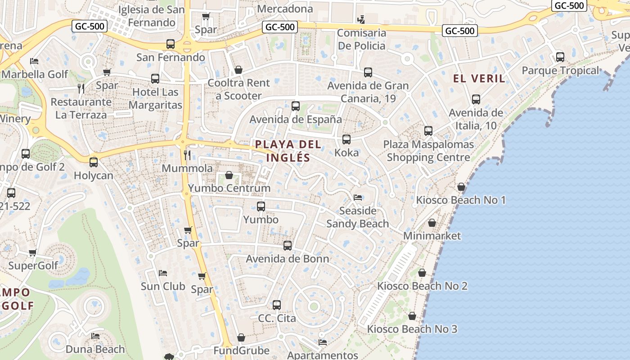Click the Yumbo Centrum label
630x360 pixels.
(x=229, y=188)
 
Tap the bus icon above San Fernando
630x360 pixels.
(x=171, y=44)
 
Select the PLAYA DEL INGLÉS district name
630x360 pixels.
(x=288, y=151)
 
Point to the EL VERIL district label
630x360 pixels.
(x=479, y=79)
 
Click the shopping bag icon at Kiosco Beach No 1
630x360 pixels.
(x=461, y=187)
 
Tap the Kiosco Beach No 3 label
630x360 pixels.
(x=412, y=329)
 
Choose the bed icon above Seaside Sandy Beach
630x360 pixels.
(x=358, y=198)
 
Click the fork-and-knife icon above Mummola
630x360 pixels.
(x=187, y=155)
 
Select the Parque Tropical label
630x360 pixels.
(x=560, y=71)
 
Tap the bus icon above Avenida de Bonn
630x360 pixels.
(x=288, y=246)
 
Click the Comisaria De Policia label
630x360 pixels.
(x=361, y=39)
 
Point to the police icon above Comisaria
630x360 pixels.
(x=360, y=19)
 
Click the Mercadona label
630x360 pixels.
(x=285, y=9)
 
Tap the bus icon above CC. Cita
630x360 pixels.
(x=277, y=305)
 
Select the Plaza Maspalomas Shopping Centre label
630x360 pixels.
(x=428, y=151)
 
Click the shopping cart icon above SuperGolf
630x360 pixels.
(x=32, y=253)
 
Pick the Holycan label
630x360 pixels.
(x=94, y=175)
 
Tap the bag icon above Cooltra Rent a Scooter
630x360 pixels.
(x=238, y=70)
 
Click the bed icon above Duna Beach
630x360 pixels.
(x=95, y=336)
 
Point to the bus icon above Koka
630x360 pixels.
(x=346, y=139)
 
